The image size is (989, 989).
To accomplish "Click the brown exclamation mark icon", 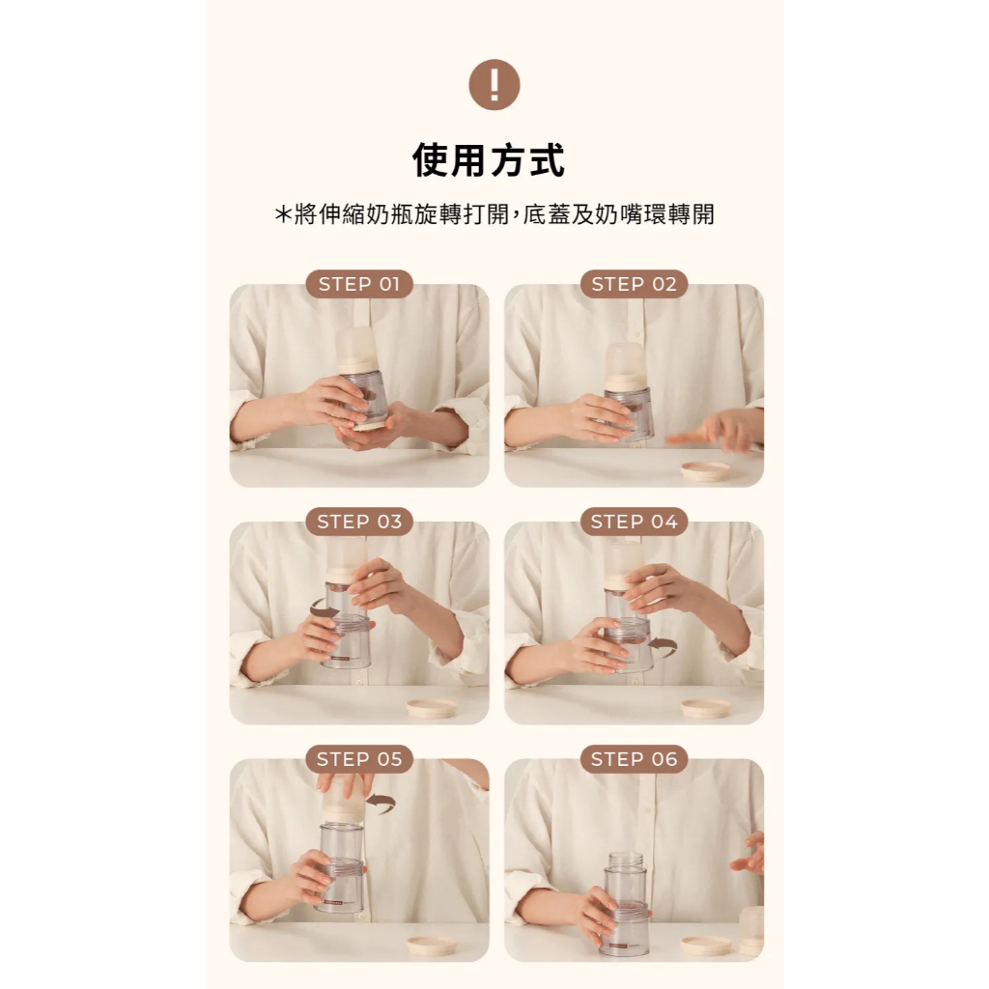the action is click(x=494, y=85).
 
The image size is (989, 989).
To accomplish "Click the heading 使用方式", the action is click(x=488, y=160).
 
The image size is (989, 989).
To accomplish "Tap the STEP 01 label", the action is click(x=359, y=284).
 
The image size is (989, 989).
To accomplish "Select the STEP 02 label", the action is click(x=634, y=284).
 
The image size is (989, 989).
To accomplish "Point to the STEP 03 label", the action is click(x=359, y=522).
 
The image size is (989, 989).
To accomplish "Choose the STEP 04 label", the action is click(x=634, y=522).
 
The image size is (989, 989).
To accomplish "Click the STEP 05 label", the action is click(x=359, y=759).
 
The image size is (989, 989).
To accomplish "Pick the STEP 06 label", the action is click(x=634, y=759).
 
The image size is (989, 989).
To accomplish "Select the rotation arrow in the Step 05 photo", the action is click(x=382, y=802).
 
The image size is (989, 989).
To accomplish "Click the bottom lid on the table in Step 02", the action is click(x=705, y=470).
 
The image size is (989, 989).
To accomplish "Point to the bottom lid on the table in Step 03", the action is click(x=431, y=708).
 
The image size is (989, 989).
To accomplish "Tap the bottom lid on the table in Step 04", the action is click(x=706, y=708).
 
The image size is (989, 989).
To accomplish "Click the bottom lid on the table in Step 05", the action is click(x=432, y=945).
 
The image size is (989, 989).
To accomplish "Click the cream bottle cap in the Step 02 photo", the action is click(x=626, y=367).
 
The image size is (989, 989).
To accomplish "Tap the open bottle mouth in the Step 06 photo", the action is click(x=626, y=857).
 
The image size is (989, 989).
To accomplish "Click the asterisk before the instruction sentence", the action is click(x=282, y=214).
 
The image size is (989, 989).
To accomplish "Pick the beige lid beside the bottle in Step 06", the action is click(x=706, y=945).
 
